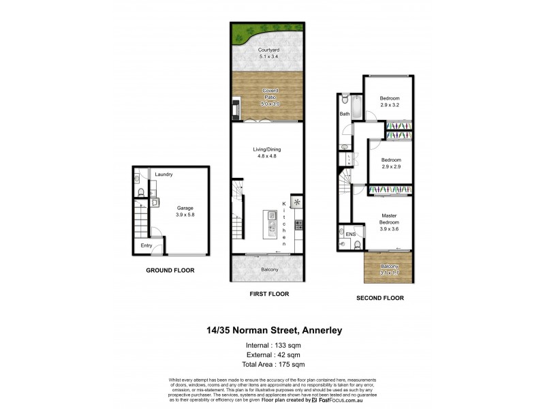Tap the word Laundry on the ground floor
(x=163, y=175)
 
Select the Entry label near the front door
(x=146, y=245)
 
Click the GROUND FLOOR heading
(x=170, y=271)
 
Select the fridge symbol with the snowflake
(x=297, y=202)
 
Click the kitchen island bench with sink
(x=271, y=227)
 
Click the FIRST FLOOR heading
(x=269, y=294)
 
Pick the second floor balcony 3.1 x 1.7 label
(x=390, y=270)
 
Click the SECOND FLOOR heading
(x=380, y=298)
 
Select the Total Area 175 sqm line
(x=272, y=364)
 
